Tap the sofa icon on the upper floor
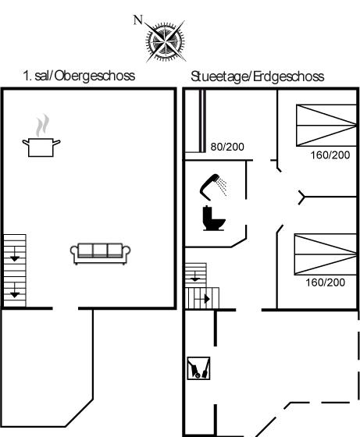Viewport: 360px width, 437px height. (101, 254)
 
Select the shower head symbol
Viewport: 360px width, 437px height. (213, 187)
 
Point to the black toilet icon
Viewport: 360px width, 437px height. (214, 218)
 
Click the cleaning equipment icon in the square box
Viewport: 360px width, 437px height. (198, 368)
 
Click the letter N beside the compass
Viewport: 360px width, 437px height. (138, 20)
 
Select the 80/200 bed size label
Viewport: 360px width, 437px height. (227, 147)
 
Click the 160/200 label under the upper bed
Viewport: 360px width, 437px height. (330, 155)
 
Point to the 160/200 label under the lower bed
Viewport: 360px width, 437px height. (325, 282)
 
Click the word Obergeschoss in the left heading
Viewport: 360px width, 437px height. (94, 76)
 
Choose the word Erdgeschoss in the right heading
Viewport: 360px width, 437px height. (289, 76)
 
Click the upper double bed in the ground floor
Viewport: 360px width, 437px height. (326, 126)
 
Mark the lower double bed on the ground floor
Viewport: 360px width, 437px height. (326, 254)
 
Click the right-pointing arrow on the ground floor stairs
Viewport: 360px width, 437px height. (207, 299)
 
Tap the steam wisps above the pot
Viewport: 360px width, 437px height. (42, 125)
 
